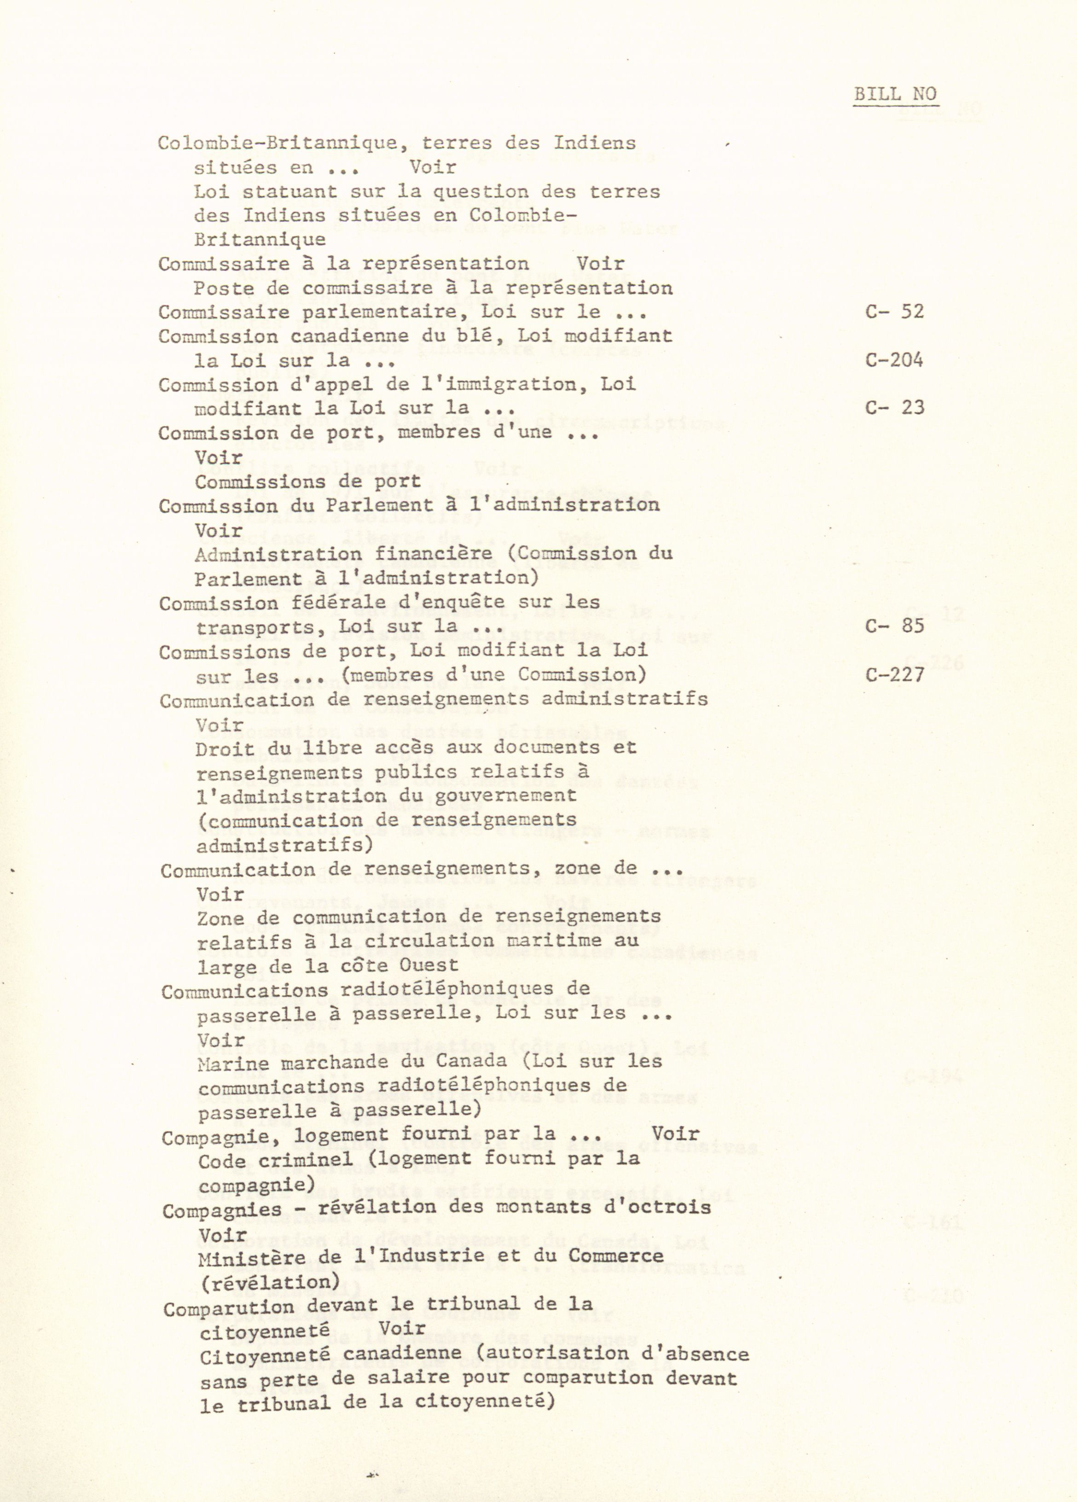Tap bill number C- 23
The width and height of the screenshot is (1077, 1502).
tap(894, 407)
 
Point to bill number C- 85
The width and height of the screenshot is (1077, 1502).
tap(894, 625)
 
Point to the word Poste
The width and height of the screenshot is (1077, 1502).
tap(218, 289)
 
